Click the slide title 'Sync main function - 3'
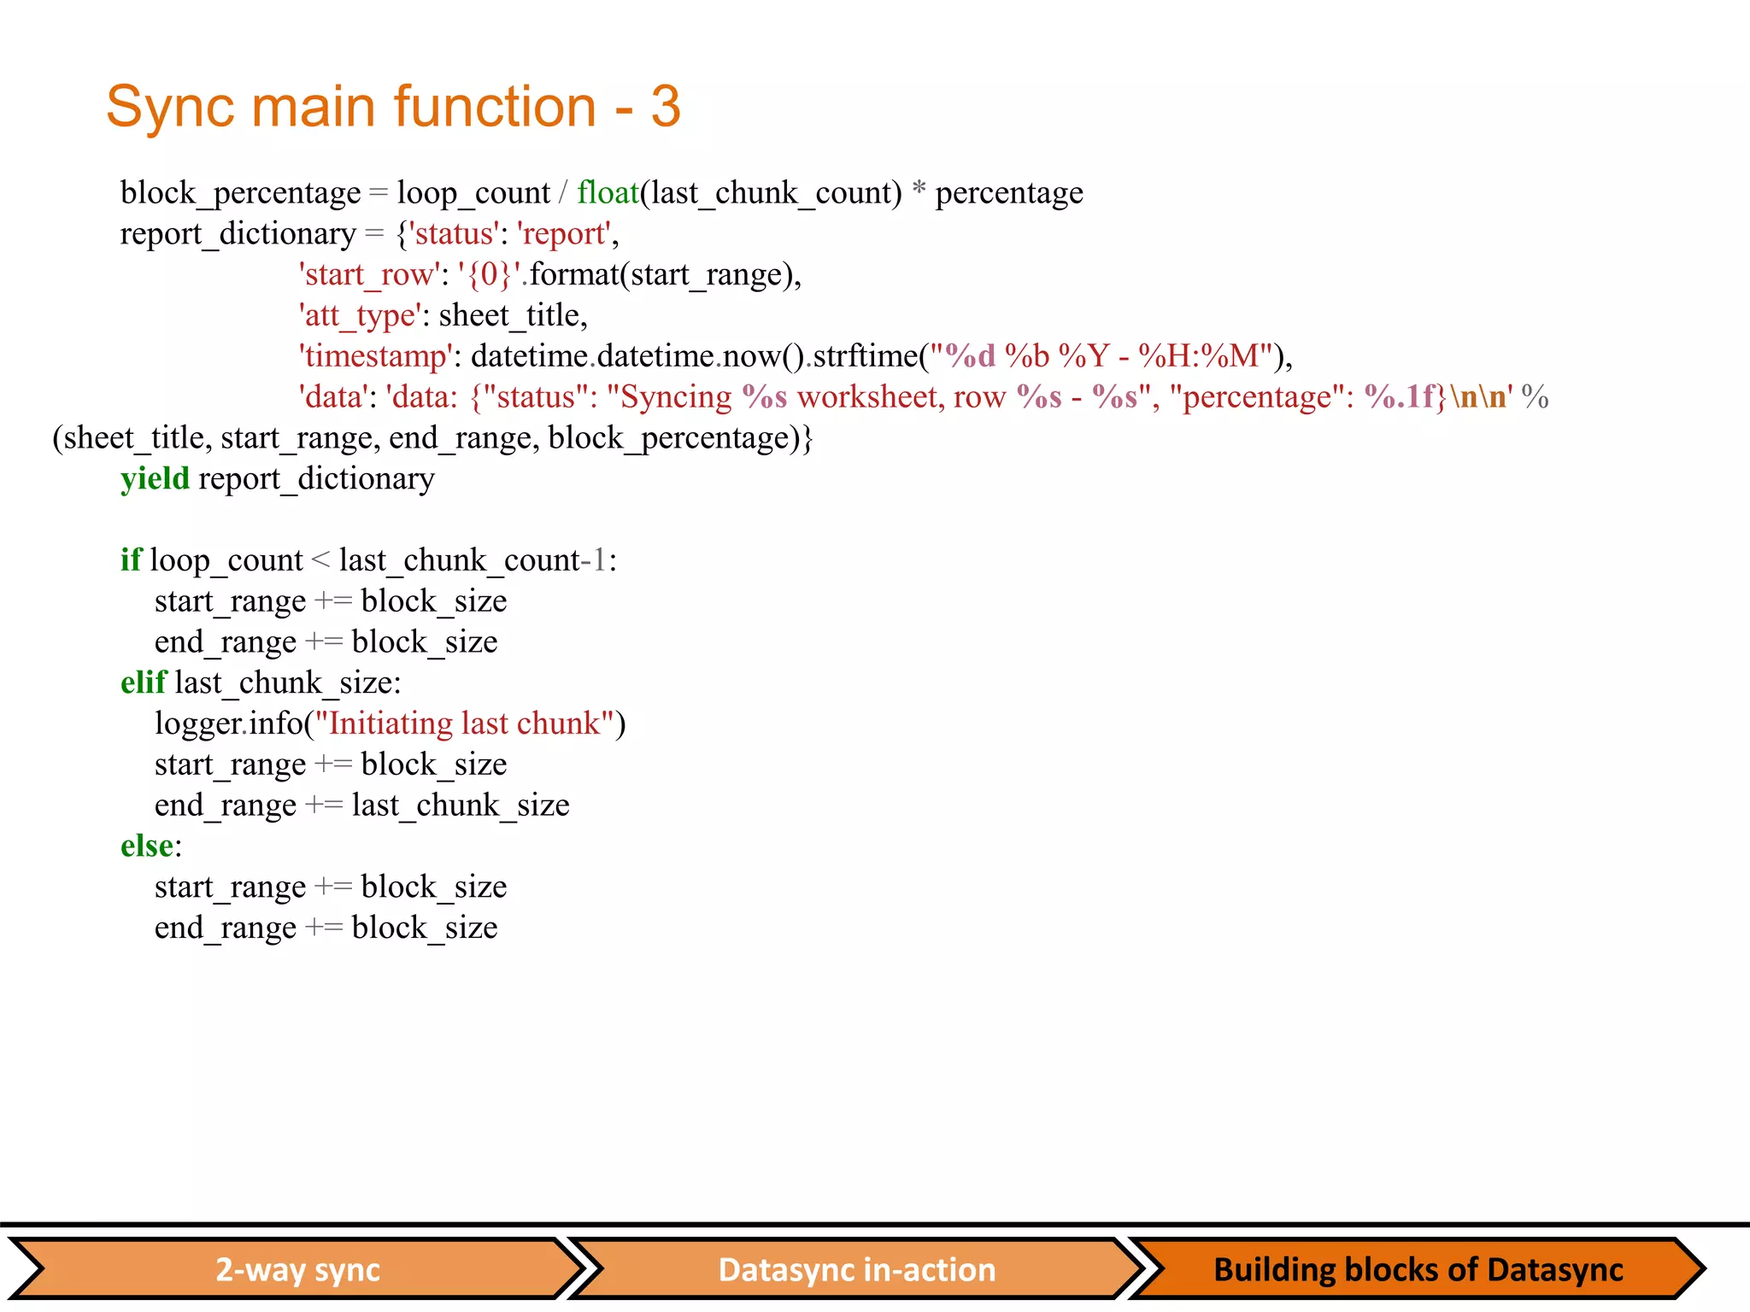click(x=393, y=107)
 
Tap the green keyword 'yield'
click(x=155, y=479)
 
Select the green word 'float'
click(x=608, y=193)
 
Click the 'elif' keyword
click(x=143, y=683)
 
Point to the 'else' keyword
click(x=147, y=846)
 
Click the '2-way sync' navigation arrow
click(x=297, y=1270)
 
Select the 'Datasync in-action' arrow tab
click(x=856, y=1270)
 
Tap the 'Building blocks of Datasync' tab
click(x=1417, y=1270)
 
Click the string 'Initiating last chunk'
click(x=465, y=724)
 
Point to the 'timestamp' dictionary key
click(x=375, y=356)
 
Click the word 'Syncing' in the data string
click(x=676, y=397)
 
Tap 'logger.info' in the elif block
click(x=228, y=724)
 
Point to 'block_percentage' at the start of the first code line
click(x=240, y=194)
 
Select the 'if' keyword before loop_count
click(x=131, y=560)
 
